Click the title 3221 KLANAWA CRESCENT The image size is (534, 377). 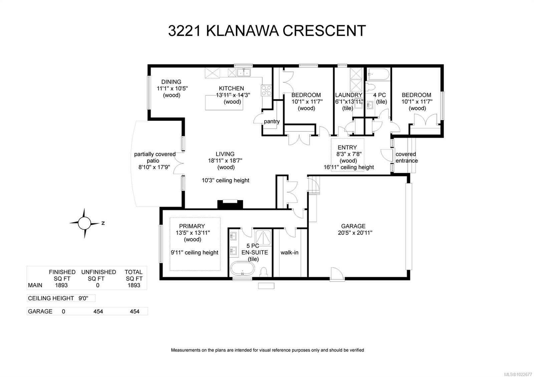pyautogui.click(x=267, y=31)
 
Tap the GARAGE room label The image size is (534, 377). pyautogui.click(x=353, y=226)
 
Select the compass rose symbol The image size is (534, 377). pyautogui.click(x=84, y=223)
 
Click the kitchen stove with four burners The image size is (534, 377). pyautogui.click(x=266, y=90)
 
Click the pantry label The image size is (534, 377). pyautogui.click(x=272, y=121)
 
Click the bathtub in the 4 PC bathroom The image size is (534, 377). pyautogui.click(x=378, y=73)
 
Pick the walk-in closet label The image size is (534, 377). pyautogui.click(x=289, y=252)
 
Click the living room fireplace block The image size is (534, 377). pyautogui.click(x=230, y=204)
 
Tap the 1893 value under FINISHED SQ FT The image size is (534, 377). pyautogui.click(x=61, y=285)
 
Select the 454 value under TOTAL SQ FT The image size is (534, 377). pyautogui.click(x=134, y=311)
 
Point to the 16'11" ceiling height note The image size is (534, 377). pyautogui.click(x=349, y=167)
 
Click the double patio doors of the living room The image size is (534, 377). pyautogui.click(x=180, y=163)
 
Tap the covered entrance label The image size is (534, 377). pyautogui.click(x=406, y=157)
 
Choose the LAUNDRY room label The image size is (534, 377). pyautogui.click(x=348, y=95)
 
